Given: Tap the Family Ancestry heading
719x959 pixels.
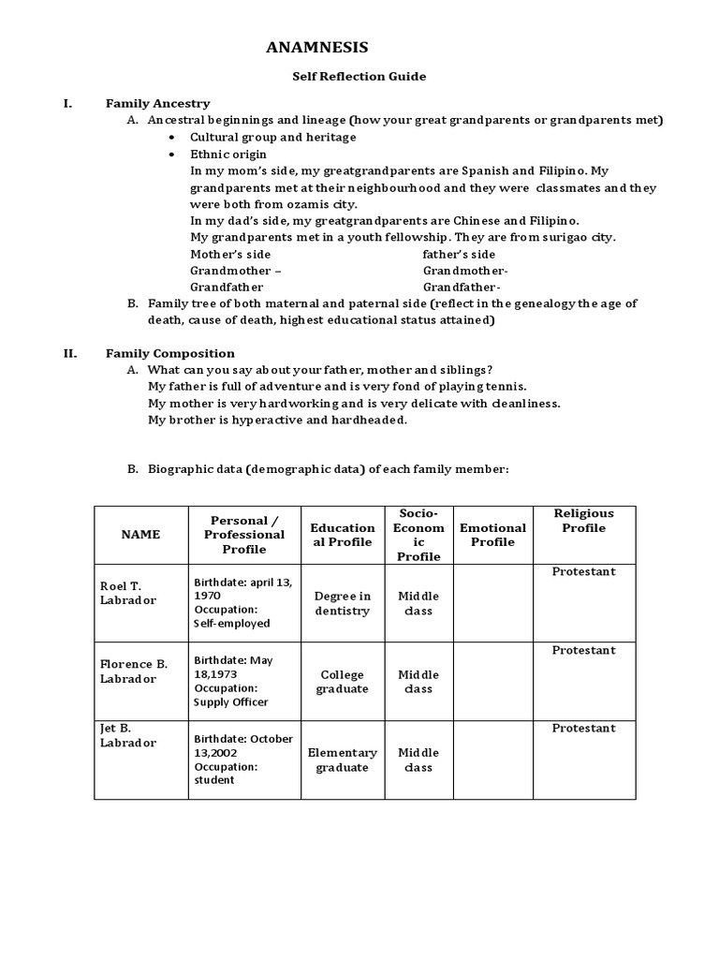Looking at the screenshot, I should pos(157,103).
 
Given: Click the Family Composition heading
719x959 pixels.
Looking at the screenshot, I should pos(169,353).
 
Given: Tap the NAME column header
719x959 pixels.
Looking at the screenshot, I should pos(140,534).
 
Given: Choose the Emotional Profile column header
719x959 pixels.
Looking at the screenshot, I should pos(492,535).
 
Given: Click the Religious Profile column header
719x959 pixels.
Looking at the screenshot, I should pos(583,521).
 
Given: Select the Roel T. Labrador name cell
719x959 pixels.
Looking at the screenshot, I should pos(128,593).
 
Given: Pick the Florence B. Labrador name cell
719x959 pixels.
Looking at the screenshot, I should pos(134,671).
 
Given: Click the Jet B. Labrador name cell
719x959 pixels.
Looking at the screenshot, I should pos(128,735).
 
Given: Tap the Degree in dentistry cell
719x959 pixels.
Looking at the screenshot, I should pos(342,603).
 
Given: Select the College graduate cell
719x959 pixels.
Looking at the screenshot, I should pos(342,682).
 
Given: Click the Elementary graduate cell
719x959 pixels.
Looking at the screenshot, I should pos(342,760).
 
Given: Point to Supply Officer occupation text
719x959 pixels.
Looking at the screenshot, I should pos(230,701).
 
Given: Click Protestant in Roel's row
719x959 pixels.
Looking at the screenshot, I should pos(583,571).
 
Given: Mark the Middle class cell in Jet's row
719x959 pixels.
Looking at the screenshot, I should pos(418,760).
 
